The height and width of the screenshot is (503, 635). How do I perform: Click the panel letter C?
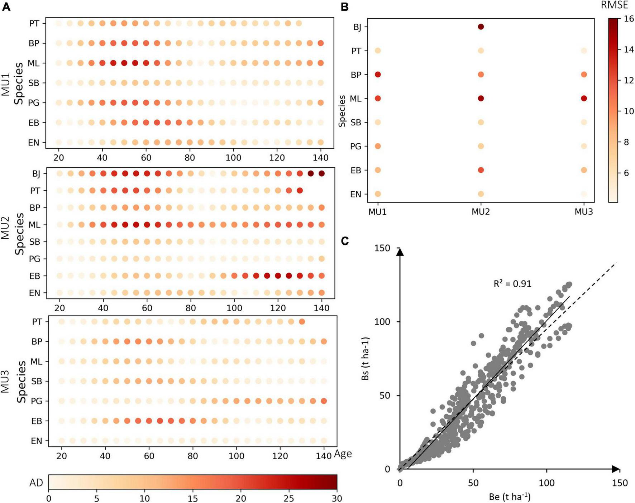[x=345, y=241]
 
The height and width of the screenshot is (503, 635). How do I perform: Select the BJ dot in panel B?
[x=481, y=27]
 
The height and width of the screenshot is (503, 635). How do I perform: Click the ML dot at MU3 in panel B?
[x=584, y=99]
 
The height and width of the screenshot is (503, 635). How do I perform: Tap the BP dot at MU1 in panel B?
[x=378, y=75]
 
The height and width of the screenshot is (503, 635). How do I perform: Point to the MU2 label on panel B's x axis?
[x=481, y=212]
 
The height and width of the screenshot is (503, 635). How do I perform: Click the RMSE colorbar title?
[x=614, y=5]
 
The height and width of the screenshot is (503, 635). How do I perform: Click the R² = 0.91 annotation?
[x=512, y=284]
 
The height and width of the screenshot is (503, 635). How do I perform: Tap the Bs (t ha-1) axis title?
[x=366, y=358]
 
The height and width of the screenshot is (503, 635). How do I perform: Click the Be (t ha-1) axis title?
[x=510, y=497]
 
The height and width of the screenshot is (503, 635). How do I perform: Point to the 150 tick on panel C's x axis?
[x=620, y=483]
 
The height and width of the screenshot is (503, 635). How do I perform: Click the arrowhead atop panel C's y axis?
[x=400, y=252]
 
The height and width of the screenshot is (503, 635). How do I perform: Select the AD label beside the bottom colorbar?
[x=36, y=483]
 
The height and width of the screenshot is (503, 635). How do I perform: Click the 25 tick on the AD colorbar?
[x=289, y=498]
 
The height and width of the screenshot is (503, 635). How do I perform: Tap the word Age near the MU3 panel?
[x=343, y=454]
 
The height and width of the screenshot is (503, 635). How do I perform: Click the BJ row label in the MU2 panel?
[x=36, y=174]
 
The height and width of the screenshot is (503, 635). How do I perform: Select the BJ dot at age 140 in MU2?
[x=322, y=174]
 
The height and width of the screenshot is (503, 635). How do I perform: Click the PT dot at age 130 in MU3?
[x=302, y=322]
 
